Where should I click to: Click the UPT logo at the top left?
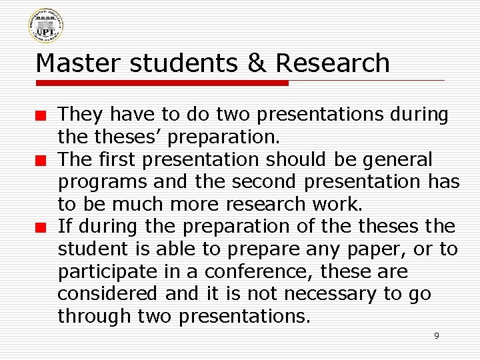click(x=45, y=26)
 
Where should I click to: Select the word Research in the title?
click(x=332, y=63)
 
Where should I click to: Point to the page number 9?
click(x=437, y=335)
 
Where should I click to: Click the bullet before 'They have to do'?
click(x=41, y=116)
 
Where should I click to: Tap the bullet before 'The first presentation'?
click(x=41, y=161)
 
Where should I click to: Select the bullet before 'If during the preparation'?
click(x=41, y=228)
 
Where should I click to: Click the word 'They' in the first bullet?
click(x=80, y=115)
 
